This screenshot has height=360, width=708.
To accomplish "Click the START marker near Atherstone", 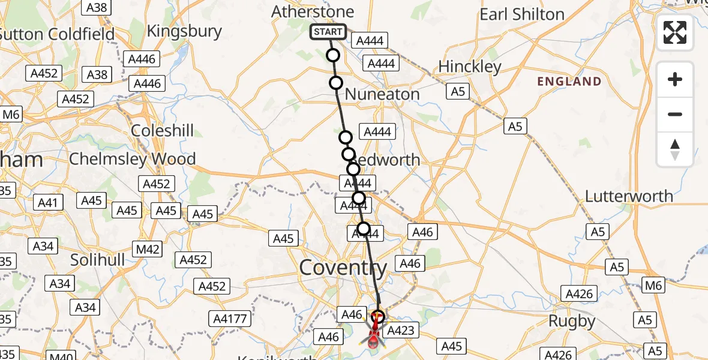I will (x=328, y=32).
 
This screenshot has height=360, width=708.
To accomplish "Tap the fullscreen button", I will (x=675, y=32).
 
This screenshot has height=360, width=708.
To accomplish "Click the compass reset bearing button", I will (x=675, y=149).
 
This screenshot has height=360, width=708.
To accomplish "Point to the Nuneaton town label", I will (x=382, y=94).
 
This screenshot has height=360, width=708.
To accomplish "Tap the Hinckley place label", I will (x=470, y=67).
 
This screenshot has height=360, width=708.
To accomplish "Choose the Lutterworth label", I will (x=629, y=196).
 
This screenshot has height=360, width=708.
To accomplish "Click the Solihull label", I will (x=97, y=260).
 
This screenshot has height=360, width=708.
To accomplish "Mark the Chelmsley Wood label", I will (x=133, y=159).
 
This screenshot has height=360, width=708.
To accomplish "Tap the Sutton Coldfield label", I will (x=57, y=34).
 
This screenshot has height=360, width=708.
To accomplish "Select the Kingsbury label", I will (x=184, y=31).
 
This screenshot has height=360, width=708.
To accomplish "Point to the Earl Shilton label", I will (x=522, y=14).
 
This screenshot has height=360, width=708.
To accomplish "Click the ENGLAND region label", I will (x=569, y=82).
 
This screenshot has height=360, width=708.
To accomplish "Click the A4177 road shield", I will (x=230, y=319).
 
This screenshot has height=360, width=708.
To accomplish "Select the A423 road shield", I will (x=398, y=331).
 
